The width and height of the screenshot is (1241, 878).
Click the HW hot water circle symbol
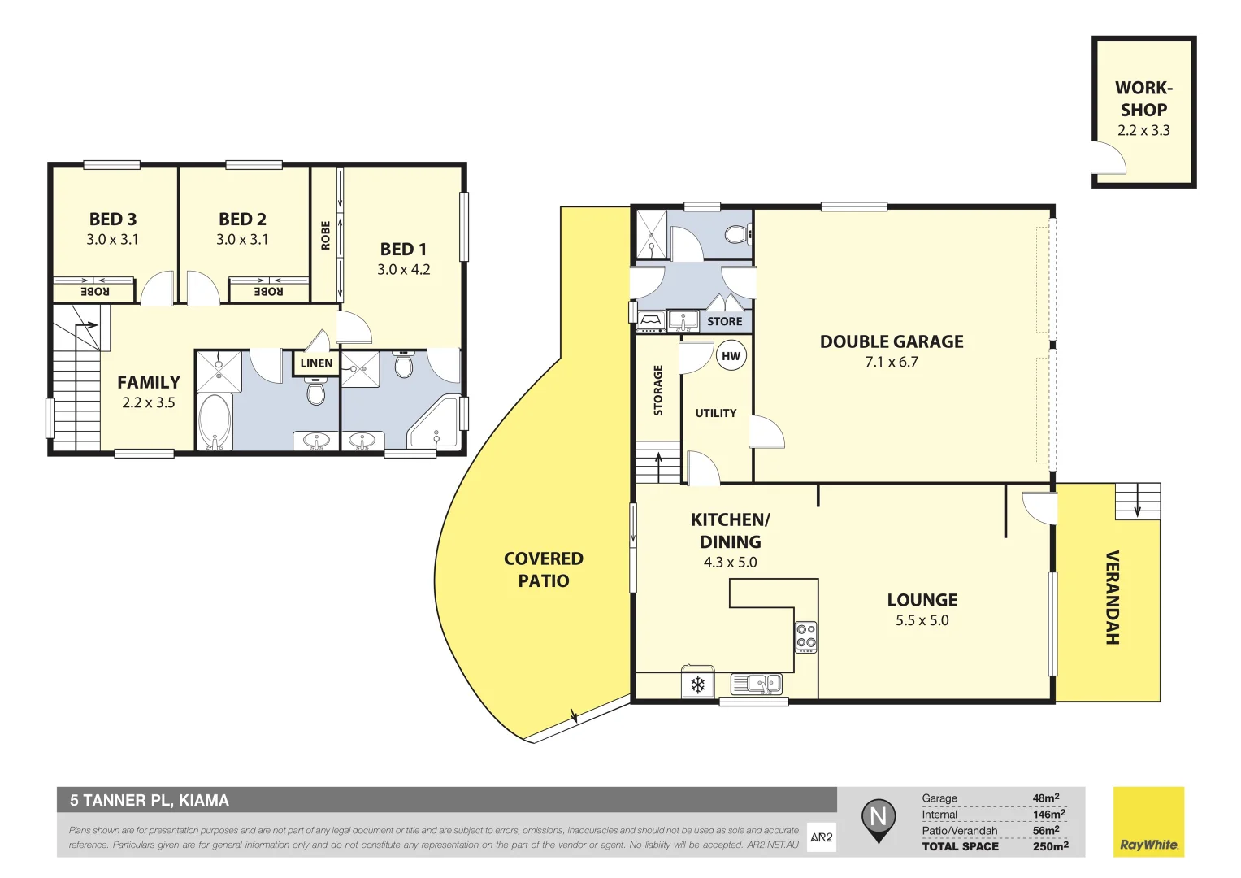[731, 356]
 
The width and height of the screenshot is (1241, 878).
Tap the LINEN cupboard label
[316, 363]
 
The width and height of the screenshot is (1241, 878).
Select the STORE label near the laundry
[724, 321]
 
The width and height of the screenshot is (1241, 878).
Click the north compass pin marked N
[878, 817]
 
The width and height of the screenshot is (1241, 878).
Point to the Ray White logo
[1148, 822]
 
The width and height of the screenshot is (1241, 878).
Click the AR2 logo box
[821, 837]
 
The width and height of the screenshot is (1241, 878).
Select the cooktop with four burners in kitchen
[805, 636]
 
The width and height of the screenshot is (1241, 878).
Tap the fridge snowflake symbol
[697, 685]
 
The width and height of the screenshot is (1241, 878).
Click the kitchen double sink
[757, 685]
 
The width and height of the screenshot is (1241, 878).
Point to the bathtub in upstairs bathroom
[215, 421]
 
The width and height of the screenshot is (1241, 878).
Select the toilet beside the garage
[737, 235]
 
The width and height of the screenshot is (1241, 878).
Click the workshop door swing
[1109, 159]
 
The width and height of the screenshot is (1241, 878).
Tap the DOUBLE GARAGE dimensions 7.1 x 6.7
[891, 363]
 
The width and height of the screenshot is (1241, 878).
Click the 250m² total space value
[1050, 846]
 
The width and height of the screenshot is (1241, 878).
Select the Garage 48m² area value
[1045, 798]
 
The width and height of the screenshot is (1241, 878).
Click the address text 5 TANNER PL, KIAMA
[150, 800]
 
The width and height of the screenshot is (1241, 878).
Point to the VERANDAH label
[1112, 598]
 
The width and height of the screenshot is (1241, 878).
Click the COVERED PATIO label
[543, 570]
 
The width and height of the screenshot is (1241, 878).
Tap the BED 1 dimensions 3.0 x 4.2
[403, 270]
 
